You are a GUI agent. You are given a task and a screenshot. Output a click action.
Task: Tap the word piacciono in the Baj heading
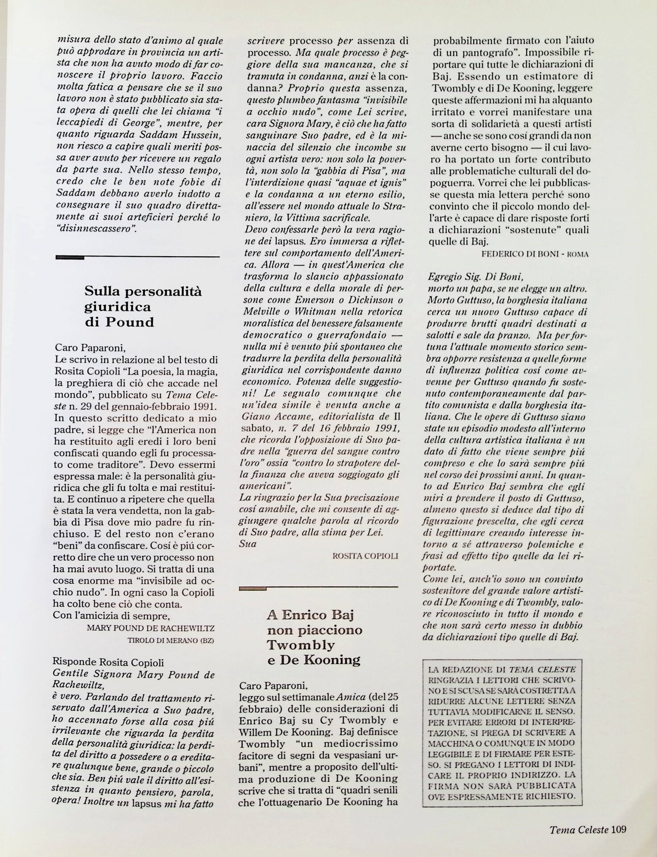(x=315, y=630)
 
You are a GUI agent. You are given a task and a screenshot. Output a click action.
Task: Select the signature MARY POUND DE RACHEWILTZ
(x=151, y=628)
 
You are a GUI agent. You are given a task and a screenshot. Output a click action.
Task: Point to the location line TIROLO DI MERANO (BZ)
(x=171, y=640)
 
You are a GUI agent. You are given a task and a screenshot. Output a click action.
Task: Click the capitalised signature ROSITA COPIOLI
(x=365, y=556)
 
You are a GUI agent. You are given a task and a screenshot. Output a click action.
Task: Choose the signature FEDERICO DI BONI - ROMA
(x=535, y=254)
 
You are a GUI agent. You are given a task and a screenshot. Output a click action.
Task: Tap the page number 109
(x=619, y=829)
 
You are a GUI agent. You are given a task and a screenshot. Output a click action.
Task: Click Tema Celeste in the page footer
(x=579, y=830)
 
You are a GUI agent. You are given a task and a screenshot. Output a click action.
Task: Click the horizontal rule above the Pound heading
(x=137, y=257)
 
